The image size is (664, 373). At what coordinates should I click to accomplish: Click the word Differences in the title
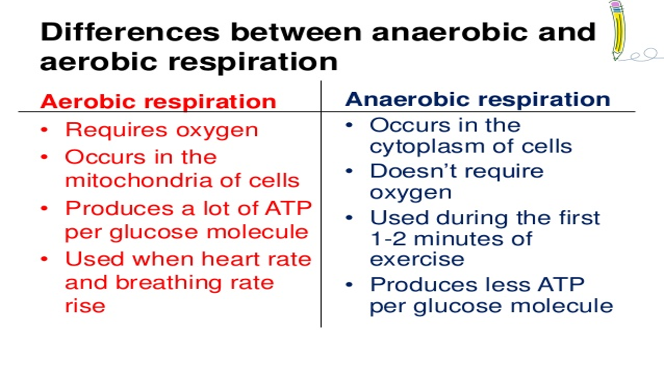(x=130, y=33)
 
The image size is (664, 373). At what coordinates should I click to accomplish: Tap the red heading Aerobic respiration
(x=158, y=102)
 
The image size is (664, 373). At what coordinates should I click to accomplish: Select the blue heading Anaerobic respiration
(x=477, y=99)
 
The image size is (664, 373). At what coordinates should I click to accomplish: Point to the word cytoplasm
(x=425, y=146)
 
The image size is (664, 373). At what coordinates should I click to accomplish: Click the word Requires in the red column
(x=116, y=130)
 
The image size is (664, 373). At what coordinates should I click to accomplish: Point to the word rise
(x=85, y=305)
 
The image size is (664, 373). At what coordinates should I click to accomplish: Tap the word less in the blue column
(x=487, y=284)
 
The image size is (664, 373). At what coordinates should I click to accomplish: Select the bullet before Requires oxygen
(x=45, y=130)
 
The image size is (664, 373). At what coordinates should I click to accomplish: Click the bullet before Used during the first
(x=350, y=218)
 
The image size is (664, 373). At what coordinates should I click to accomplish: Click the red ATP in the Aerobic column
(x=288, y=208)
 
